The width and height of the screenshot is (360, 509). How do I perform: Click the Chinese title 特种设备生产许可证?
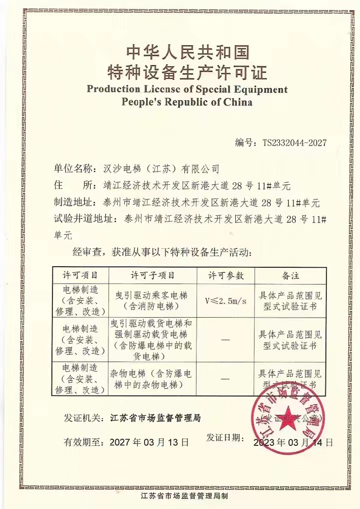point(187,72)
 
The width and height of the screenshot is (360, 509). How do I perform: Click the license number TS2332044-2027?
point(294,143)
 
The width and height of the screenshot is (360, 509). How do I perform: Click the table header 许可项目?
point(80,275)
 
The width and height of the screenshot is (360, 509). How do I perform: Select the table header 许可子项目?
point(152,275)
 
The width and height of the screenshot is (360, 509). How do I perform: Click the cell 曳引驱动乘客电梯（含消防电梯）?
point(152,300)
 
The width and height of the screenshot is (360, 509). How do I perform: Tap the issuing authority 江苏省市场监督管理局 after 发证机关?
point(155,418)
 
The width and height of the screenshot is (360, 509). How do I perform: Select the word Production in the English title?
point(113,90)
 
